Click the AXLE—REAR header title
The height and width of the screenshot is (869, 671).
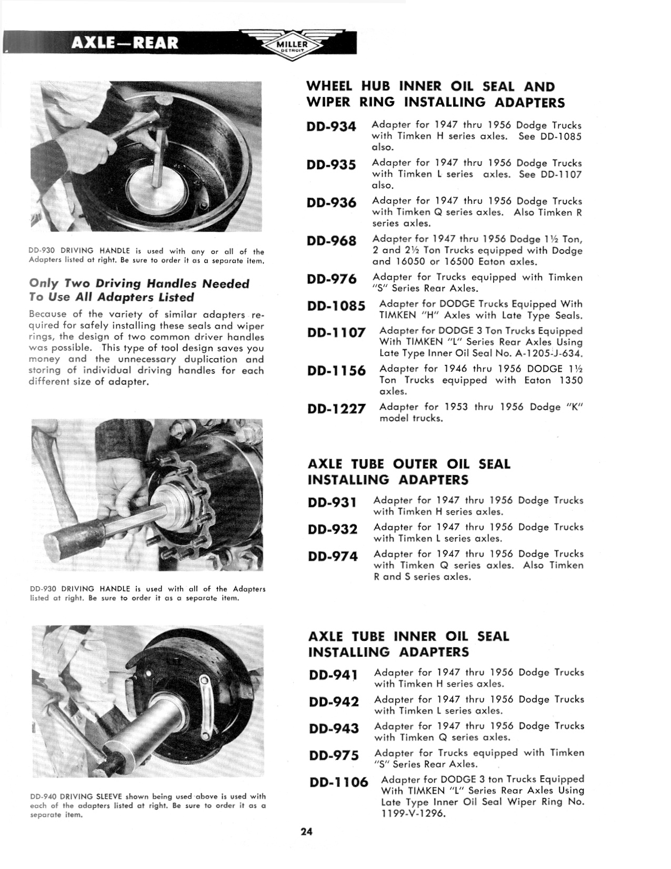pos(125,43)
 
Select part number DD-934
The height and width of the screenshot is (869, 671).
pos(331,127)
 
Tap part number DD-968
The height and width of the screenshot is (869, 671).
pos(331,241)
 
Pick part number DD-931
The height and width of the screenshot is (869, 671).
pos(333,502)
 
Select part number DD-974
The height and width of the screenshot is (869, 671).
pos(333,556)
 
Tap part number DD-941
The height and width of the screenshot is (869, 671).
pos(334,675)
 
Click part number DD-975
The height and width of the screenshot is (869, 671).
pos(334,755)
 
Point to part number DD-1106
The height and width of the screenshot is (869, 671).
pos(339,782)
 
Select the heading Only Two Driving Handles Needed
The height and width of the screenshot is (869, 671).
pos(139,284)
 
